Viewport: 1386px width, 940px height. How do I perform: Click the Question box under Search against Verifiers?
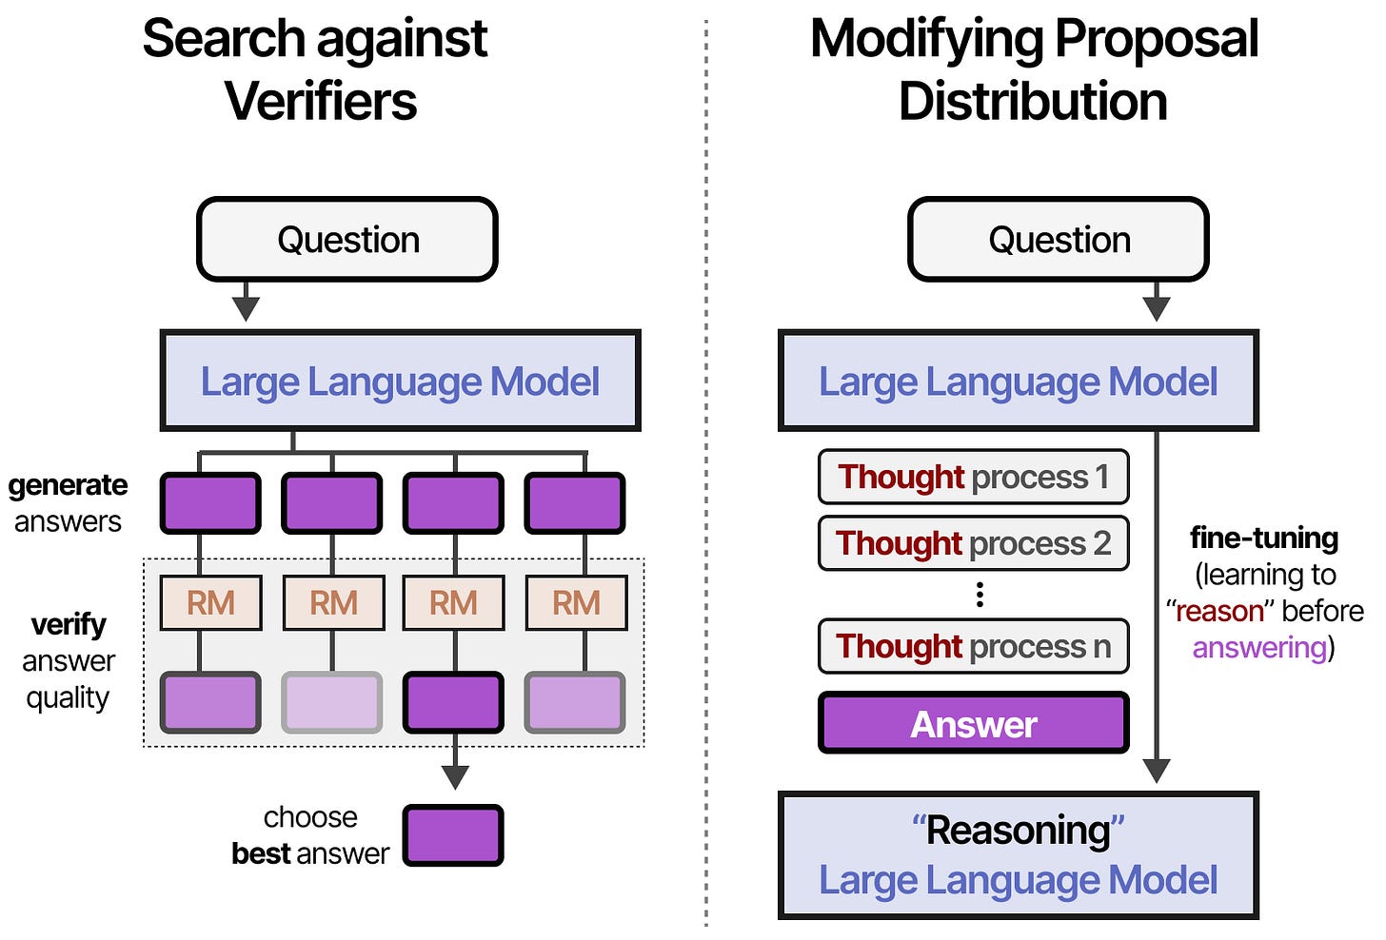tap(347, 240)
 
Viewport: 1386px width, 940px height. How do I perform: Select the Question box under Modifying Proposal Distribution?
tap(1059, 240)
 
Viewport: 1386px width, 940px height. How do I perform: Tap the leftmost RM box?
tap(210, 603)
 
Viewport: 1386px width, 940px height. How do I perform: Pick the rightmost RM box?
tap(576, 603)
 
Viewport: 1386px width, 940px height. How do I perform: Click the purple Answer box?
tap(973, 724)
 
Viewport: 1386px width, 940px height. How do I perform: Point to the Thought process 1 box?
tap(973, 477)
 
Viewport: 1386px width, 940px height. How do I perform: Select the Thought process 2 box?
tap(973, 543)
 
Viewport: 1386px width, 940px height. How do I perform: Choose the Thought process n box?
tap(973, 647)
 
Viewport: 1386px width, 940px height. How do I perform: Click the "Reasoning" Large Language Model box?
tap(1018, 855)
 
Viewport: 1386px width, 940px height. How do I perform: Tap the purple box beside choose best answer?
tap(453, 835)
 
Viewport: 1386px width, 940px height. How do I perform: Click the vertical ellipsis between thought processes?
tap(980, 596)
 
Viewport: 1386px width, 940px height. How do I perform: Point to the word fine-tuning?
tap(1263, 539)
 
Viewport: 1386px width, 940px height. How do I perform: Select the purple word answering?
tap(1259, 648)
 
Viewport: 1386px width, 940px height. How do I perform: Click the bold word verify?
tap(69, 625)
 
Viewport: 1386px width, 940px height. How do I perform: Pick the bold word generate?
tap(68, 485)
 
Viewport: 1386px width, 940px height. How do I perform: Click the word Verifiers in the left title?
tap(321, 102)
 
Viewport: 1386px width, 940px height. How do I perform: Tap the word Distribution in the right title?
tap(1033, 102)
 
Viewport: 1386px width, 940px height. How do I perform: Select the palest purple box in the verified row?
tap(332, 702)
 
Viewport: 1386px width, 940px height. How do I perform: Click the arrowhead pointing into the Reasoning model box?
tap(1157, 770)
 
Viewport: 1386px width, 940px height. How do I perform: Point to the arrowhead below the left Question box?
tap(246, 308)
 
